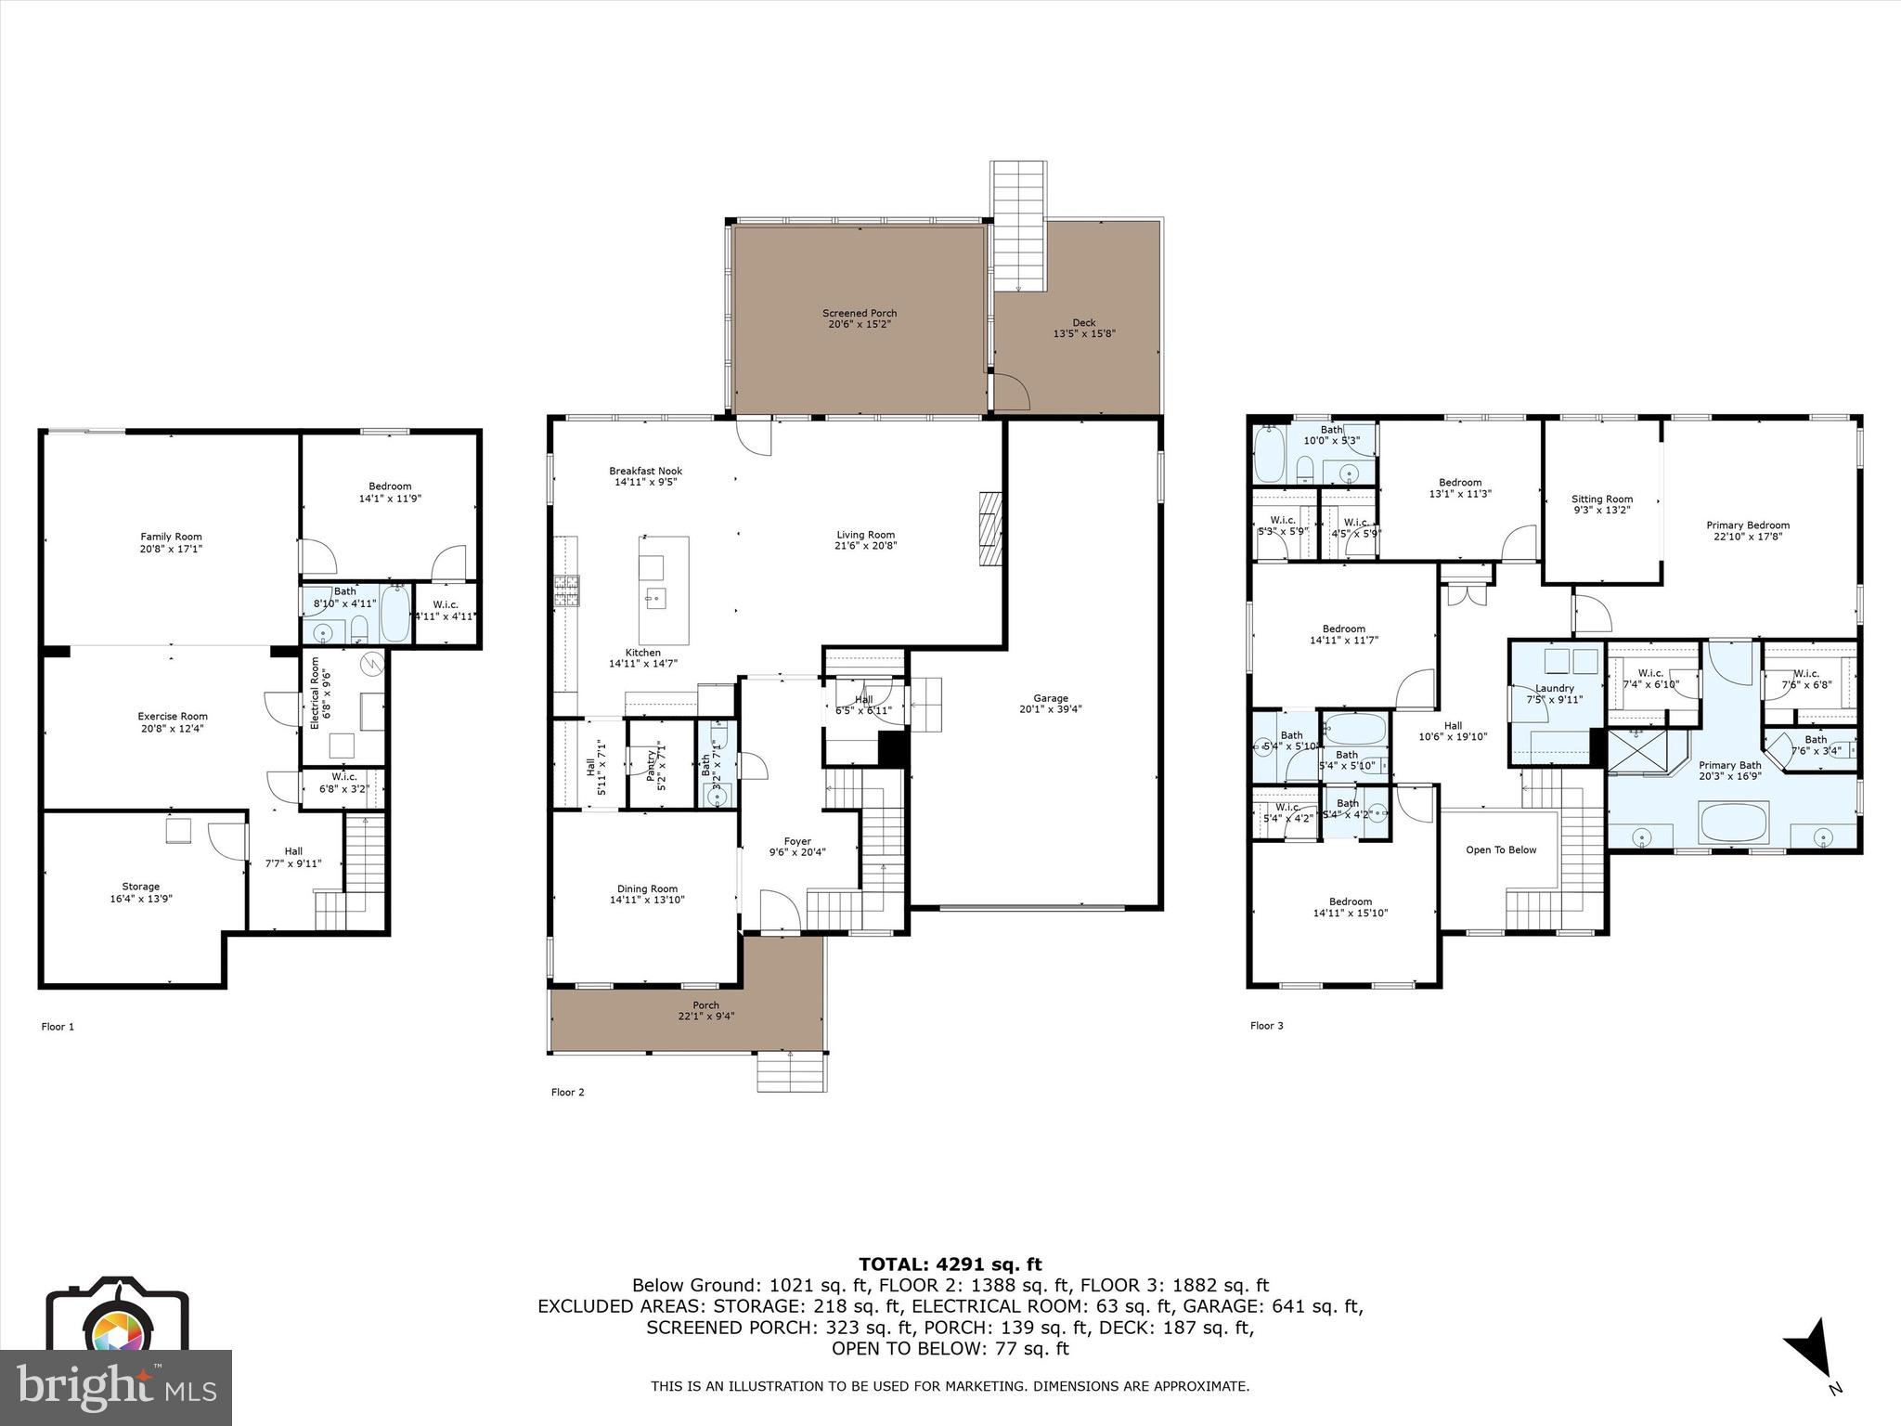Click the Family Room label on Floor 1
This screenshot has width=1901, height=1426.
tap(171, 537)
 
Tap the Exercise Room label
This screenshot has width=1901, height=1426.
tap(173, 716)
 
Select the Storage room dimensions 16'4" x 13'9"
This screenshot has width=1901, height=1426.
tap(141, 899)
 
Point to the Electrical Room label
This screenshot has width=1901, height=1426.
tap(315, 693)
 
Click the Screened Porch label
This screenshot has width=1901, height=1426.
tap(860, 313)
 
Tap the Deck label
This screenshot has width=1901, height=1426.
tap(1083, 322)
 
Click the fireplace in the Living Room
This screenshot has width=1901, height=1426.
tap(990, 529)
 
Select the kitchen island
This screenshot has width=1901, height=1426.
tap(664, 590)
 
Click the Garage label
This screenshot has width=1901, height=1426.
tap(1051, 698)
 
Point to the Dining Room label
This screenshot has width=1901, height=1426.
tap(647, 888)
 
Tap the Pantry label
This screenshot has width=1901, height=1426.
tap(651, 763)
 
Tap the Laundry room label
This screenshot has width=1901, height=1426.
tap(1555, 688)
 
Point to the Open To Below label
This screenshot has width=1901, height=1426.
tap(1501, 849)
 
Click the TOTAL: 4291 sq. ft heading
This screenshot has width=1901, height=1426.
tap(950, 1264)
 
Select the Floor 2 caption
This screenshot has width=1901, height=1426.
tap(567, 1092)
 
